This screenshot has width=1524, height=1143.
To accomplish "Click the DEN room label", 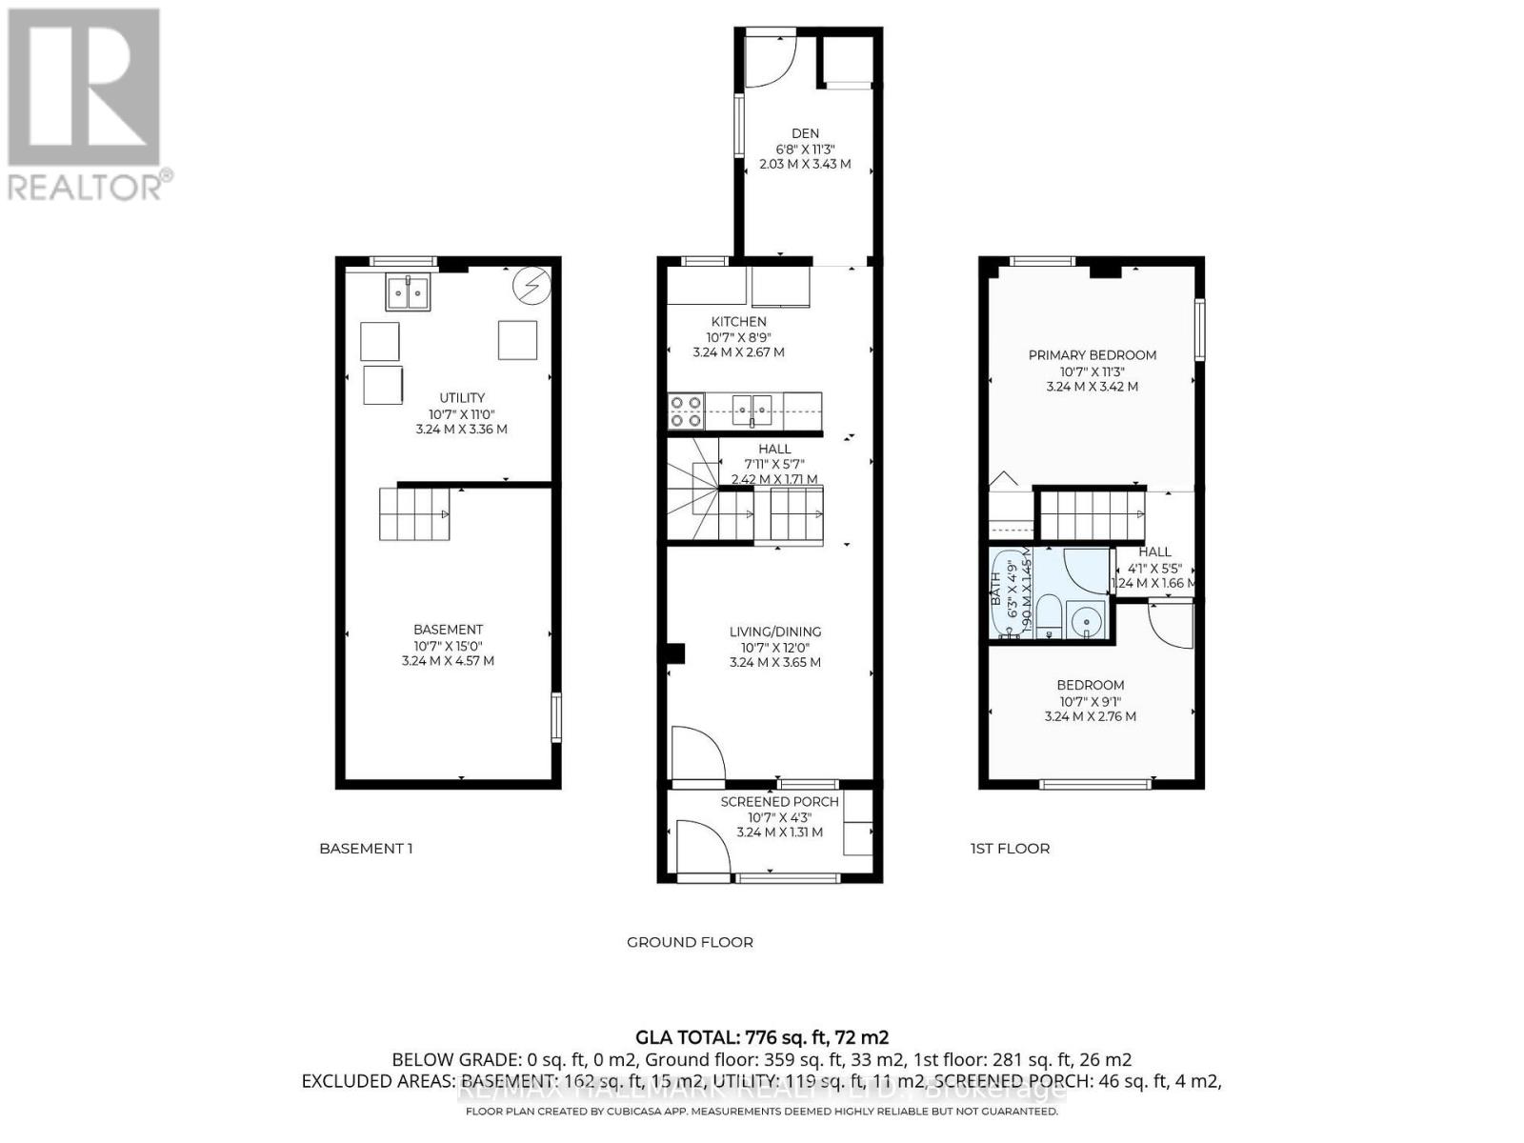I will click(805, 133).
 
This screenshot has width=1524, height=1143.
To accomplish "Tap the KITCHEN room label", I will click(738, 322).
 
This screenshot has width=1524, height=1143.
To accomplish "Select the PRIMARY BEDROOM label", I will click(1092, 355).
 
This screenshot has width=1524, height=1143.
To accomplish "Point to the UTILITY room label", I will click(462, 398).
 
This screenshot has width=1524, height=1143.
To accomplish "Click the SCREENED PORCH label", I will click(779, 802).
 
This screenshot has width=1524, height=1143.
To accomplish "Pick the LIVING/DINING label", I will click(774, 632).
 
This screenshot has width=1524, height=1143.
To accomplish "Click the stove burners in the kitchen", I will click(686, 411).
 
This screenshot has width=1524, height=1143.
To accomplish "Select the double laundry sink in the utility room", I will click(408, 292).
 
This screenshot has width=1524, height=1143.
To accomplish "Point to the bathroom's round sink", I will click(1085, 623).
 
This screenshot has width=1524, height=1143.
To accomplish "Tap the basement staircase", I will click(414, 514).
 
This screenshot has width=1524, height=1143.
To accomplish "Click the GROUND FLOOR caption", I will click(690, 942).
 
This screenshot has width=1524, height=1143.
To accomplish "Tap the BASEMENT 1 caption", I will click(366, 849).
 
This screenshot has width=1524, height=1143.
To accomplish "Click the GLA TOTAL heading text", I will click(762, 1037).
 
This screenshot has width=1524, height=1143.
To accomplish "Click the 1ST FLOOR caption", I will click(1010, 849).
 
